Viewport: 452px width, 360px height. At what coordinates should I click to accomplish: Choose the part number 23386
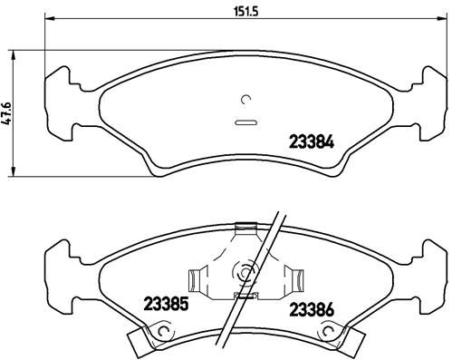point(311,310)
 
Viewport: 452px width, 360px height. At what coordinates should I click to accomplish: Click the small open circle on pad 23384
point(245,100)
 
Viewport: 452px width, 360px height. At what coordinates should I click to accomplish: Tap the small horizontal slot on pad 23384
point(245,122)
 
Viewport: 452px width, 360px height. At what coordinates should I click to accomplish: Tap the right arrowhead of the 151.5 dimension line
point(438,20)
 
